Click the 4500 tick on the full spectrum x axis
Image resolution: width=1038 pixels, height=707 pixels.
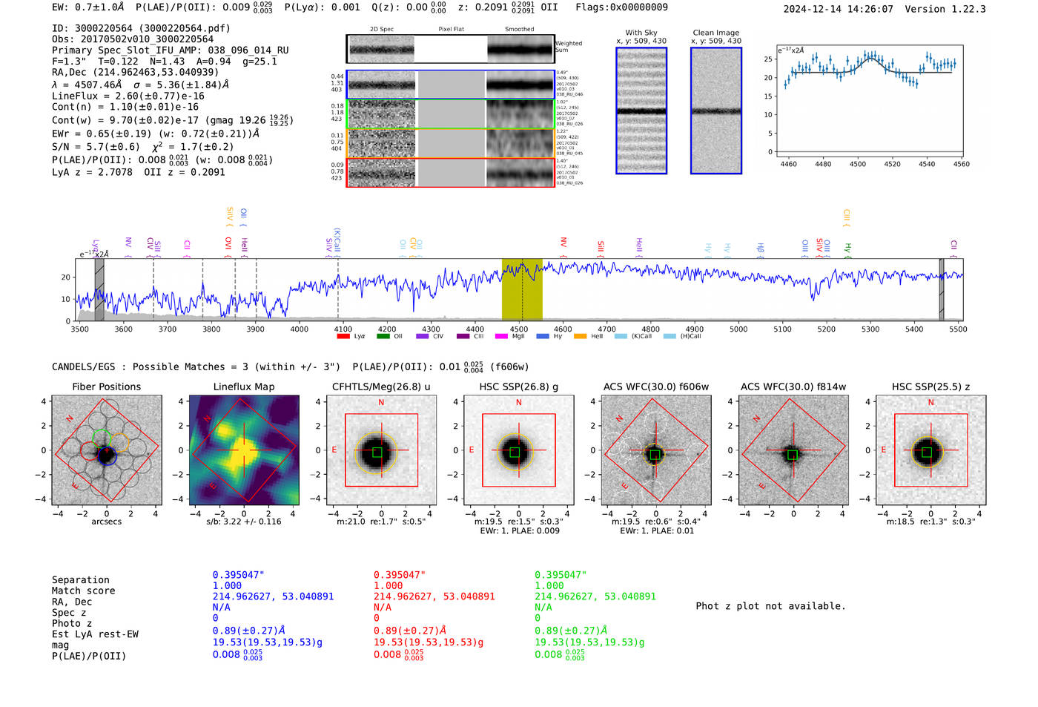coord(519,329)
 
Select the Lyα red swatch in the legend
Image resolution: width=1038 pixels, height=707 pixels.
coord(343,336)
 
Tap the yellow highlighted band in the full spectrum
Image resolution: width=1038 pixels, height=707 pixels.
coord(522,290)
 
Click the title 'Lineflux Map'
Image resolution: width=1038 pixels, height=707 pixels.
coord(243,387)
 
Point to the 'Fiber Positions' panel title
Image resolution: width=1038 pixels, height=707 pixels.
coord(106,387)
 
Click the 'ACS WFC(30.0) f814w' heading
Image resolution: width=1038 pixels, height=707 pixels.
coord(793,387)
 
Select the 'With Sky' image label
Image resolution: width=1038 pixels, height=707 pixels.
coord(641,33)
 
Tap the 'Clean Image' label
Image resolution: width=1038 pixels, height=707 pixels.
coord(715,33)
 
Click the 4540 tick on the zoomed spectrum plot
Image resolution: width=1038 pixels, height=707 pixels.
coord(927,164)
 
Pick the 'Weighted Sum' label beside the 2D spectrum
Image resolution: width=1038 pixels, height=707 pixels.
coord(569,47)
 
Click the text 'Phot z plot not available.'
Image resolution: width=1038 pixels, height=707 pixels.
coord(770,606)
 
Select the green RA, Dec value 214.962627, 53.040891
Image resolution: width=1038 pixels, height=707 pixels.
coord(595,596)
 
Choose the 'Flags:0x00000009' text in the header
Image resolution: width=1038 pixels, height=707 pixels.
coord(621,7)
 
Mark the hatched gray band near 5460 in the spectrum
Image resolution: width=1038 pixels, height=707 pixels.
coord(942,290)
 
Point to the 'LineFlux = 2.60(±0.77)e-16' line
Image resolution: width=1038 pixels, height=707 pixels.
coord(128,96)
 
